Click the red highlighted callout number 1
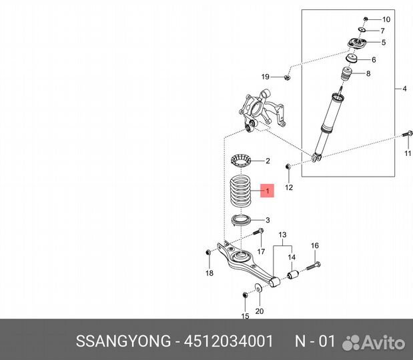pos(268,191)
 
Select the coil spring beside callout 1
pos(240,191)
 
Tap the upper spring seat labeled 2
pos(240,160)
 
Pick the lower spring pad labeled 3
pos(241,220)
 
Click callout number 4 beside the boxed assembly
pos(404,89)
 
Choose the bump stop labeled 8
pos(347,74)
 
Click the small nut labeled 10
pos(366,19)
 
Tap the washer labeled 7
pos(362,29)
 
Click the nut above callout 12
pos(288,166)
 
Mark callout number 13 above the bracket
pos(282,235)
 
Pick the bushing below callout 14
pos(292,275)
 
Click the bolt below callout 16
pos(314,266)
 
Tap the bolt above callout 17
pos(258,232)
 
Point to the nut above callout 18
pos(208,252)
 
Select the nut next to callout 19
pos(287,77)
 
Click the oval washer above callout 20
pos(259,288)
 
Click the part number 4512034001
pos(229,341)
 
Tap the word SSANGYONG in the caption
pos(123,341)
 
